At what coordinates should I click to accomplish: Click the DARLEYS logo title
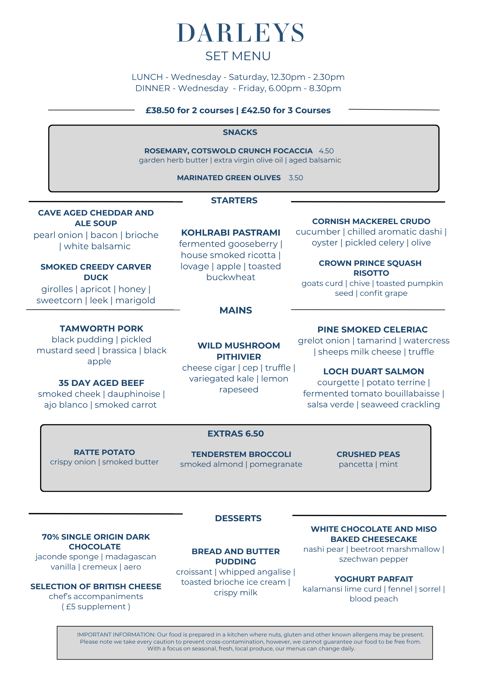tap(240, 33)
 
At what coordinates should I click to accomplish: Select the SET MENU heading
tap(238, 56)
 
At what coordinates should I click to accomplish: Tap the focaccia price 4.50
tap(326, 151)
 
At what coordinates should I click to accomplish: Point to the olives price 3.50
tap(296, 178)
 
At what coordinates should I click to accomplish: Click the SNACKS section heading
tap(240, 132)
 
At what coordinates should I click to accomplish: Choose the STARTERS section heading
tap(234, 201)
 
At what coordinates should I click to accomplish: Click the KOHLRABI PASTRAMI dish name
tap(231, 233)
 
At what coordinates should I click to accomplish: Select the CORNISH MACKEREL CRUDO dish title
tap(371, 221)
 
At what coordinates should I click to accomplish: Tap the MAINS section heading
tap(235, 310)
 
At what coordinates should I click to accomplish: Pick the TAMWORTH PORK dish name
tap(101, 328)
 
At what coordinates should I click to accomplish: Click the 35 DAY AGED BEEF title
tap(101, 383)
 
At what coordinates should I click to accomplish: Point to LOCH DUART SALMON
tap(374, 371)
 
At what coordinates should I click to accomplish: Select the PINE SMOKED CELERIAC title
tap(372, 329)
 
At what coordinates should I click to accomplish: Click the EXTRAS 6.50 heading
tap(235, 434)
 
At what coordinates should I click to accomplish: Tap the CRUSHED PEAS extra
tap(368, 454)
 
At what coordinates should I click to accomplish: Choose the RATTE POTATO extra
tap(104, 452)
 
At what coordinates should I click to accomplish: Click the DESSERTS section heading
tap(238, 518)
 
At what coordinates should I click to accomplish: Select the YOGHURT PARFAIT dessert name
tap(374, 579)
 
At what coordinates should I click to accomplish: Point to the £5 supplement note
tap(96, 607)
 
